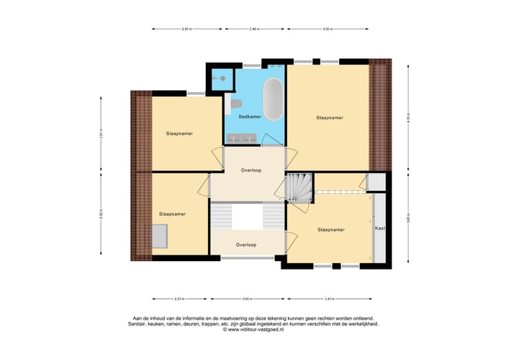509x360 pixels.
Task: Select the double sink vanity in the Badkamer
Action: tap(240, 139)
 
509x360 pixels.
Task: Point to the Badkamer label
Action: tap(250, 117)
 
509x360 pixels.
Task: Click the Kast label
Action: tap(380, 228)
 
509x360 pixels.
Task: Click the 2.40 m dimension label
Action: tap(255, 29)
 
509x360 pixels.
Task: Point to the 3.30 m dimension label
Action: tap(327, 29)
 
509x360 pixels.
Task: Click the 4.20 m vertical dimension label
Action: tap(408, 117)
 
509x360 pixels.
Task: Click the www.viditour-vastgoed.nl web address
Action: tap(253, 330)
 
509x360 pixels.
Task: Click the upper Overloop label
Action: tap(252, 170)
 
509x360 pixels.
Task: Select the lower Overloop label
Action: tap(246, 245)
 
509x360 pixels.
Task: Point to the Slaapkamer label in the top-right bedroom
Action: tap(329, 117)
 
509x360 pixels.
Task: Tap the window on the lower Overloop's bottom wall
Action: tap(247, 258)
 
